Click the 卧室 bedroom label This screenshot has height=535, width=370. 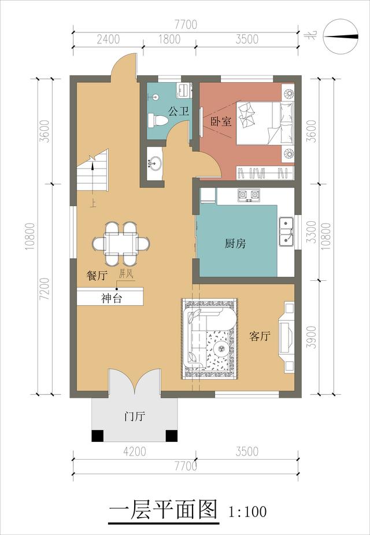pos(221,122)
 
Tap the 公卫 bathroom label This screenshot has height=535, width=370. pos(178,111)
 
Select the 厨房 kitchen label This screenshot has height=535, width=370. pos(235,244)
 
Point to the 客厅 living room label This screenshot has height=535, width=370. pos(260,336)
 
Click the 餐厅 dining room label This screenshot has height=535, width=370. pos(97,276)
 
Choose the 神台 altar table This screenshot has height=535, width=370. pos(110,299)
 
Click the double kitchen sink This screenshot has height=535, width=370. pos(286,230)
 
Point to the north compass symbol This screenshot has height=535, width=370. pos(341,36)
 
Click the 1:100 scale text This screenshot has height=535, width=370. pos(247,512)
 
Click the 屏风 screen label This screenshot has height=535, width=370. pos(126,274)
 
